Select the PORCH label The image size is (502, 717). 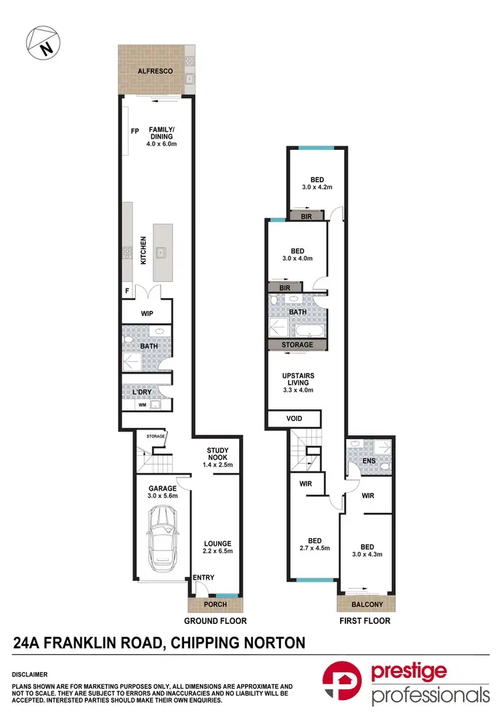click(215, 605)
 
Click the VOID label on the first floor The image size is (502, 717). click(294, 418)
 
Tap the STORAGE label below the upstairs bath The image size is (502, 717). click(297, 345)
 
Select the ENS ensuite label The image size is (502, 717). click(369, 461)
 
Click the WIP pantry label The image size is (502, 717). click(147, 313)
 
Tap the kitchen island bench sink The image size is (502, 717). click(161, 252)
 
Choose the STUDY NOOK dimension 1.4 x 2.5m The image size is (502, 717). click(218, 465)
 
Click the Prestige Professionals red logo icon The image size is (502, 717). click(343, 684)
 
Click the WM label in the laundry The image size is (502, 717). click(141, 405)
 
